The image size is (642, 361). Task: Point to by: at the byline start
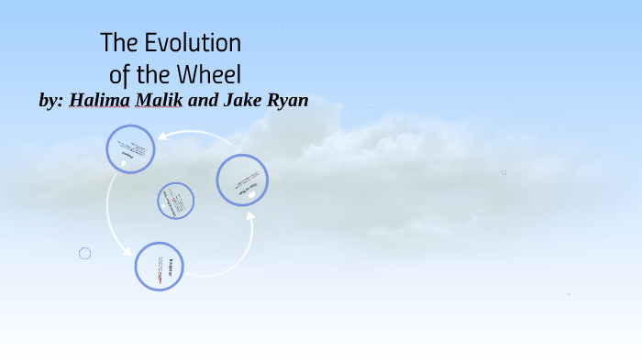(x=52, y=101)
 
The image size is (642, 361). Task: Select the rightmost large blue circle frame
(x=242, y=180)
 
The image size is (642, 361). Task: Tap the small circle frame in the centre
(x=175, y=201)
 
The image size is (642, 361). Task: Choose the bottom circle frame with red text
(x=160, y=267)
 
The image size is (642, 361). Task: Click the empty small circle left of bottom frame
(x=85, y=253)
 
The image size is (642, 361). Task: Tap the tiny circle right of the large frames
(x=504, y=172)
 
